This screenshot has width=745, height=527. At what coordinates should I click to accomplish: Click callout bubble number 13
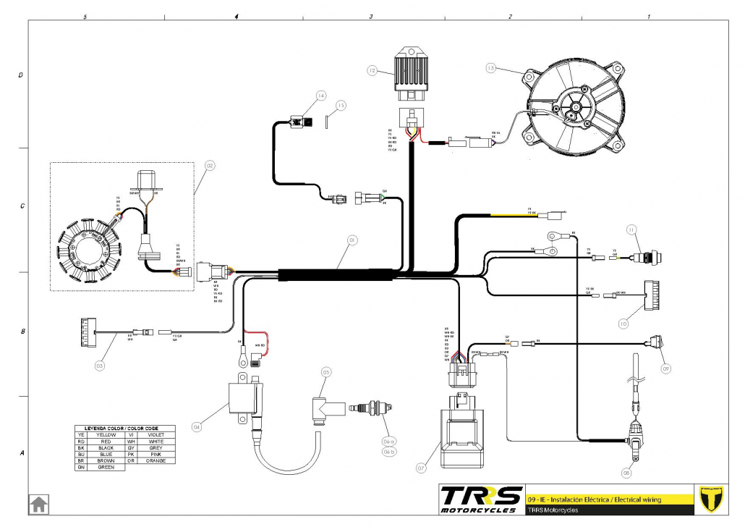point(491,68)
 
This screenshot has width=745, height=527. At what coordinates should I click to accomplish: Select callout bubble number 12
point(372,71)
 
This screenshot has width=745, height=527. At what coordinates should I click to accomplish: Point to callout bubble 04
point(196,427)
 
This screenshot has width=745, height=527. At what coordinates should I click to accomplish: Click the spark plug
point(369,409)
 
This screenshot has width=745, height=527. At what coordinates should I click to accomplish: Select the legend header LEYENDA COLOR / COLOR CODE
point(122,429)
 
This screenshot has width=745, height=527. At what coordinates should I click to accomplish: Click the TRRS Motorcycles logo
point(481,498)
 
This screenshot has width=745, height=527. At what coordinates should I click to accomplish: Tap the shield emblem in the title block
point(713,498)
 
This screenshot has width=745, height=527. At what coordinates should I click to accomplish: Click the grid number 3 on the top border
point(371,15)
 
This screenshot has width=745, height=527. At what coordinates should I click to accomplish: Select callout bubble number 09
point(665,368)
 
